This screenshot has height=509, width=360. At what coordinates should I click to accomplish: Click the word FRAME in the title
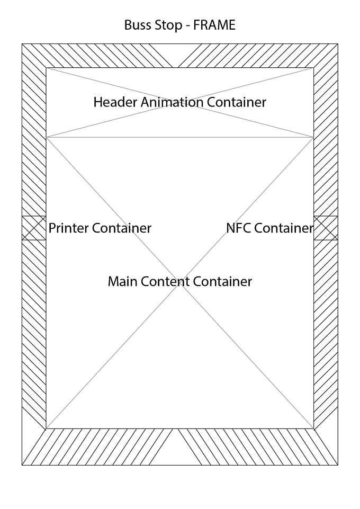click(x=214, y=25)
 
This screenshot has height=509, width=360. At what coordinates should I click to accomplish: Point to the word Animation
click(x=172, y=102)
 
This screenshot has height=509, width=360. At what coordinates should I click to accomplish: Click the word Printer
click(x=68, y=228)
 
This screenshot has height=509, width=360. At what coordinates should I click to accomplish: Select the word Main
click(x=123, y=281)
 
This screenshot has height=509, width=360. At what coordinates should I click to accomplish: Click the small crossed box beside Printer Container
click(x=34, y=228)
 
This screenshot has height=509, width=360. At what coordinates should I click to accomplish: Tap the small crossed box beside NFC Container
click(x=326, y=228)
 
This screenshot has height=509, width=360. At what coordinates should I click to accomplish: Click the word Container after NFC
click(x=283, y=228)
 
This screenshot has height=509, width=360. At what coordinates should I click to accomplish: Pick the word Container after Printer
click(x=121, y=228)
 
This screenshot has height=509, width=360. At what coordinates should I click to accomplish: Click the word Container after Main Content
click(x=222, y=281)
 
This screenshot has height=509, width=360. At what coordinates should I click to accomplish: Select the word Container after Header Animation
click(x=237, y=102)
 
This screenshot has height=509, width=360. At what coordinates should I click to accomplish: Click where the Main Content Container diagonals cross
click(x=180, y=283)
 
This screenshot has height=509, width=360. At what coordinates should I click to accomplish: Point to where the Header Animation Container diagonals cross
click(x=180, y=103)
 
